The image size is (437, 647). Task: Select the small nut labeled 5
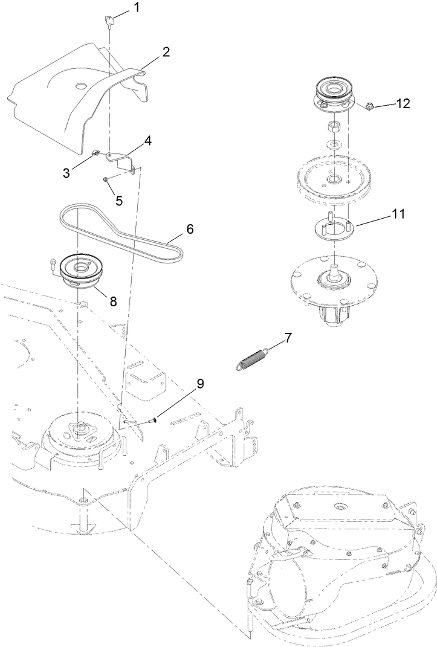pyautogui.click(x=106, y=179)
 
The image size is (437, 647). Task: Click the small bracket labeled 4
pyautogui.click(x=120, y=158)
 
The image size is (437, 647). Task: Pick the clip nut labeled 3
pyautogui.click(x=95, y=153)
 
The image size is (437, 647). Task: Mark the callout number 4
pyautogui.click(x=147, y=141)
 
